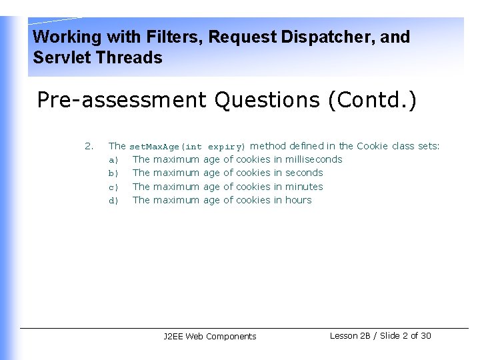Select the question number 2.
[89, 146]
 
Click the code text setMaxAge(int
[165, 147]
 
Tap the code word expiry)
[227, 147]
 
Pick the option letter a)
[113, 160]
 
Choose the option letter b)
[113, 173]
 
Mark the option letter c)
[113, 187]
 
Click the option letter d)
[113, 201]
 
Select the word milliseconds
[313, 159]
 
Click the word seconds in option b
[304, 173]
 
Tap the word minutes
[304, 187]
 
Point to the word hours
[298, 200]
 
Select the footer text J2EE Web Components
[209, 337]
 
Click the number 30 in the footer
[425, 335]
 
